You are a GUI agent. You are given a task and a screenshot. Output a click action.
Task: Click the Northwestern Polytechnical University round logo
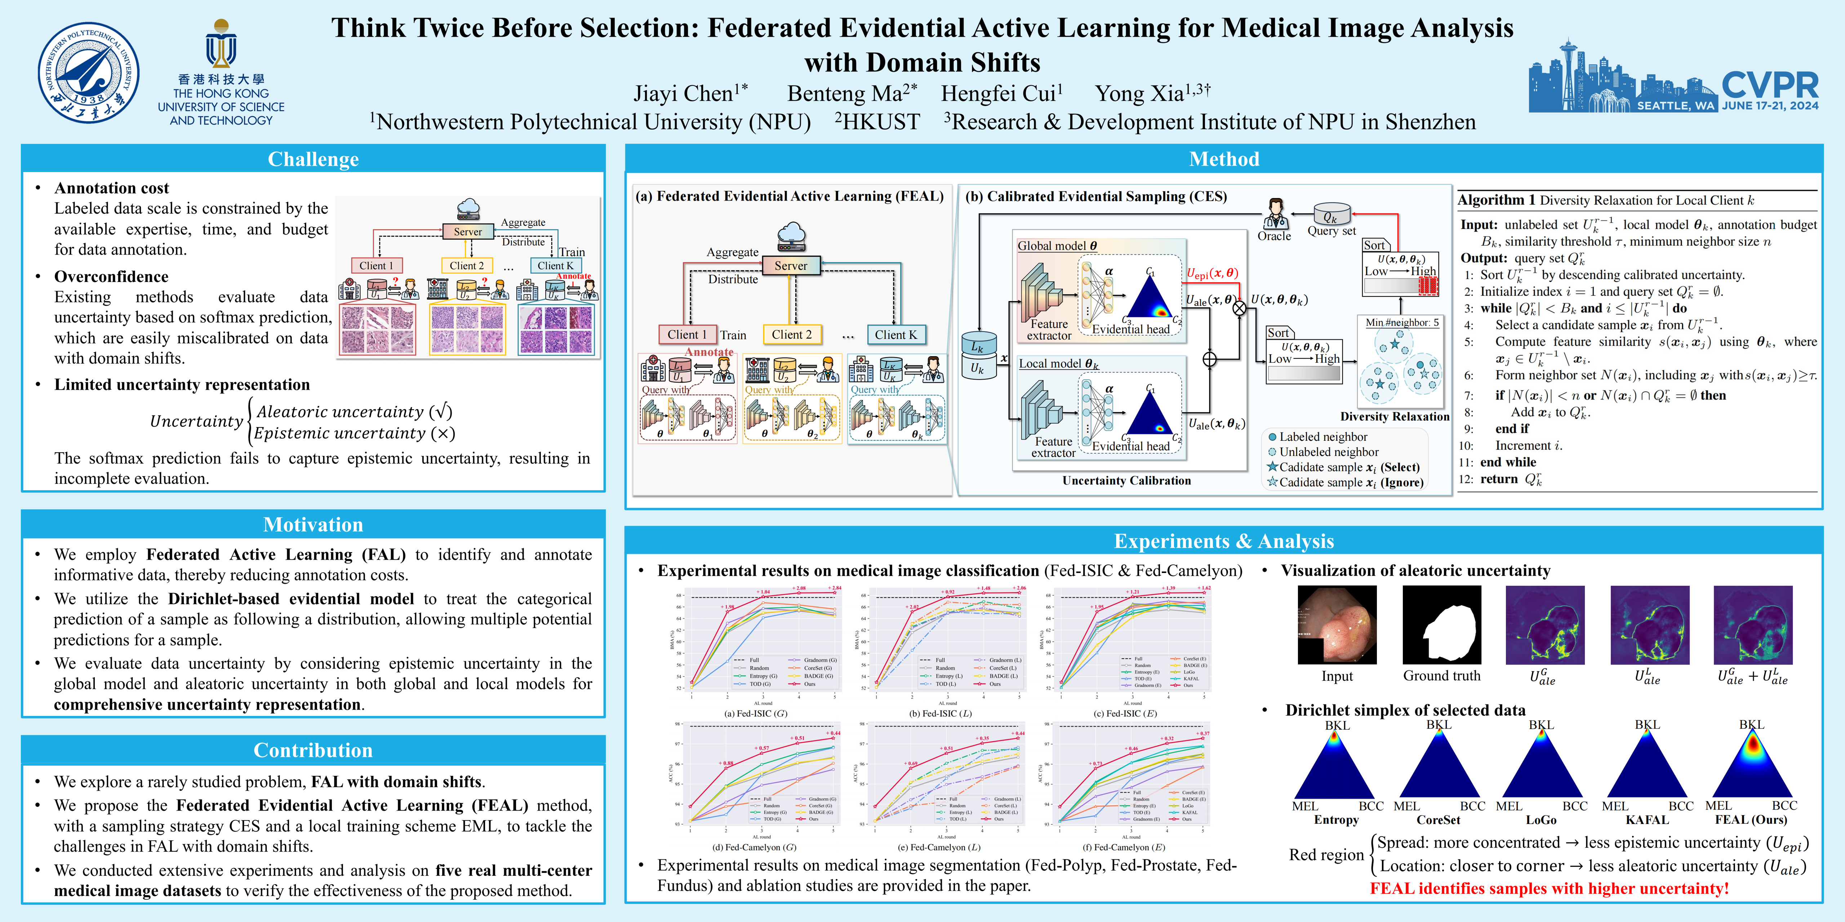click(89, 73)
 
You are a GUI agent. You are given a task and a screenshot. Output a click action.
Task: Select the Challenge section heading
click(313, 159)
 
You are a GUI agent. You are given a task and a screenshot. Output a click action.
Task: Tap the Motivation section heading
click(313, 525)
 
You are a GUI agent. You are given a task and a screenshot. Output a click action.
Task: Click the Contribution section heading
click(313, 750)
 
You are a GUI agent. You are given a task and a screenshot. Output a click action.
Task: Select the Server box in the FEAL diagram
click(791, 265)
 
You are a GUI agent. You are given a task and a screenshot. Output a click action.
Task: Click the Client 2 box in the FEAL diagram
click(791, 334)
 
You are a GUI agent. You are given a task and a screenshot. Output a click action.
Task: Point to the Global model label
click(1057, 246)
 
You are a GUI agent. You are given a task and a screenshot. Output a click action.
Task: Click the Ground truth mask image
click(1441, 625)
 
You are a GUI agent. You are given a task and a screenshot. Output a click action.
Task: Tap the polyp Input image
click(1337, 625)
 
